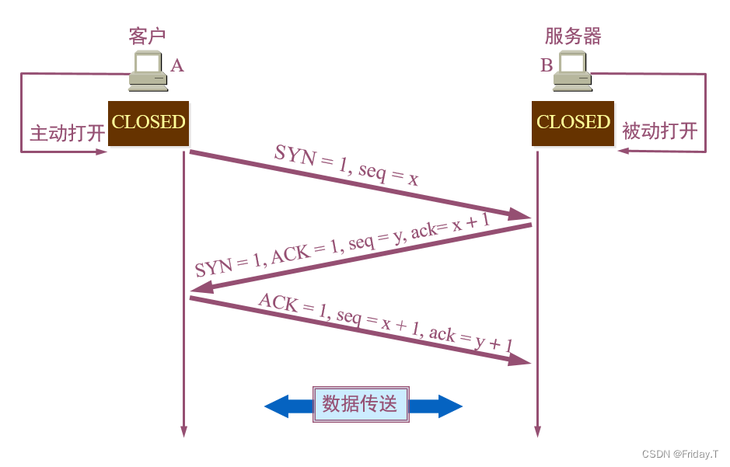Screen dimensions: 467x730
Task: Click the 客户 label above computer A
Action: point(147,36)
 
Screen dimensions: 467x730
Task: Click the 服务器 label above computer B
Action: point(573,36)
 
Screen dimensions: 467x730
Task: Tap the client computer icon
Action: point(148,71)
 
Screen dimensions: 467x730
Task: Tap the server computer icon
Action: point(572,71)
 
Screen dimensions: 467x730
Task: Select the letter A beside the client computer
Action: point(177,65)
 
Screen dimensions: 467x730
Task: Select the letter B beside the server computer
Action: point(547,65)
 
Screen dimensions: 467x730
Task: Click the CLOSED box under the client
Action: point(148,123)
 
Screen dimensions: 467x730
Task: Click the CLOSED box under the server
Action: point(573,123)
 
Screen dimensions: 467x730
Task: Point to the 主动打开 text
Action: point(68,133)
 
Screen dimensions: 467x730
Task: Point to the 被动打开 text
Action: point(660,131)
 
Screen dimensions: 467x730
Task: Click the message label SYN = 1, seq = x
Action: point(347,166)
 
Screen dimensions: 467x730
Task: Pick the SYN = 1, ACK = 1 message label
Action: point(342,246)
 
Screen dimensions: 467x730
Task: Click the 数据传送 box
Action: point(360,404)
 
